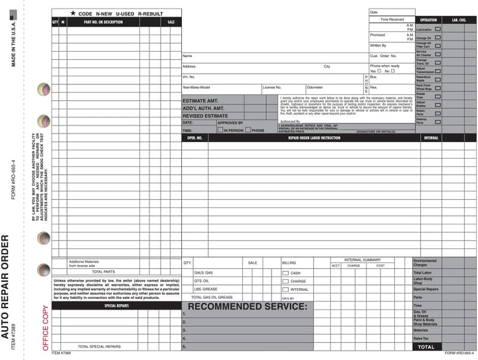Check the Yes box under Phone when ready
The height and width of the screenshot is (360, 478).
coord(379,71)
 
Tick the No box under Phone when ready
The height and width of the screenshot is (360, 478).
coord(393,71)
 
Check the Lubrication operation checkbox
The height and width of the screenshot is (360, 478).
coord(438,29)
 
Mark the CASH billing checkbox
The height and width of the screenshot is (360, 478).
coord(285,273)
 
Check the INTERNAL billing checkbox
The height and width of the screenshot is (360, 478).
coord(285,290)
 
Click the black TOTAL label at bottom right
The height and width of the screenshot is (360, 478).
coord(426,347)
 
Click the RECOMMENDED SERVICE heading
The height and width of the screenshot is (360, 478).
coord(248,306)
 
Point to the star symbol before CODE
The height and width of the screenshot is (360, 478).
coord(72,13)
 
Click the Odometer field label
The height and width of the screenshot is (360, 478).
coord(315,87)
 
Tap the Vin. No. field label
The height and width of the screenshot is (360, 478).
coord(189,77)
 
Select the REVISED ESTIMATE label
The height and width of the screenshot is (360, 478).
coord(205,116)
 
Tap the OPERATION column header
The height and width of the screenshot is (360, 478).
coord(428,20)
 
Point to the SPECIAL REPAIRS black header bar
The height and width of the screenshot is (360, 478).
coord(116,306)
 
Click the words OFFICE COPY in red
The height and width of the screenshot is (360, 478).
coord(45,327)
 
